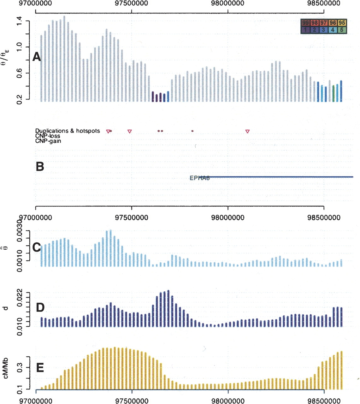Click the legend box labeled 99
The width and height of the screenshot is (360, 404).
(x=305, y=23)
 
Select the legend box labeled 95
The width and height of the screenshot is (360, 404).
(x=342, y=23)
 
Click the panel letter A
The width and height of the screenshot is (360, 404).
(x=37, y=57)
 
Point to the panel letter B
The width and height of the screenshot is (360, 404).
(x=40, y=167)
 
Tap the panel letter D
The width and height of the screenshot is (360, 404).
(x=40, y=307)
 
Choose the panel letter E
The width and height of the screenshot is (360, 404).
(x=40, y=368)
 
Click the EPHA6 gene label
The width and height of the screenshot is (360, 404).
(x=199, y=178)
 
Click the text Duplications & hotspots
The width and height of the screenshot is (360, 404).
(x=68, y=131)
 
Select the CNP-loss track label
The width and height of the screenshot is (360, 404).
(x=48, y=136)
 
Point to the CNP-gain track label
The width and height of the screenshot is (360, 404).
(x=48, y=141)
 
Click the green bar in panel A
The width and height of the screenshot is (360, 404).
(x=333, y=93)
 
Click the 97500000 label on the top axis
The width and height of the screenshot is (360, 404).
(x=132, y=3)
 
